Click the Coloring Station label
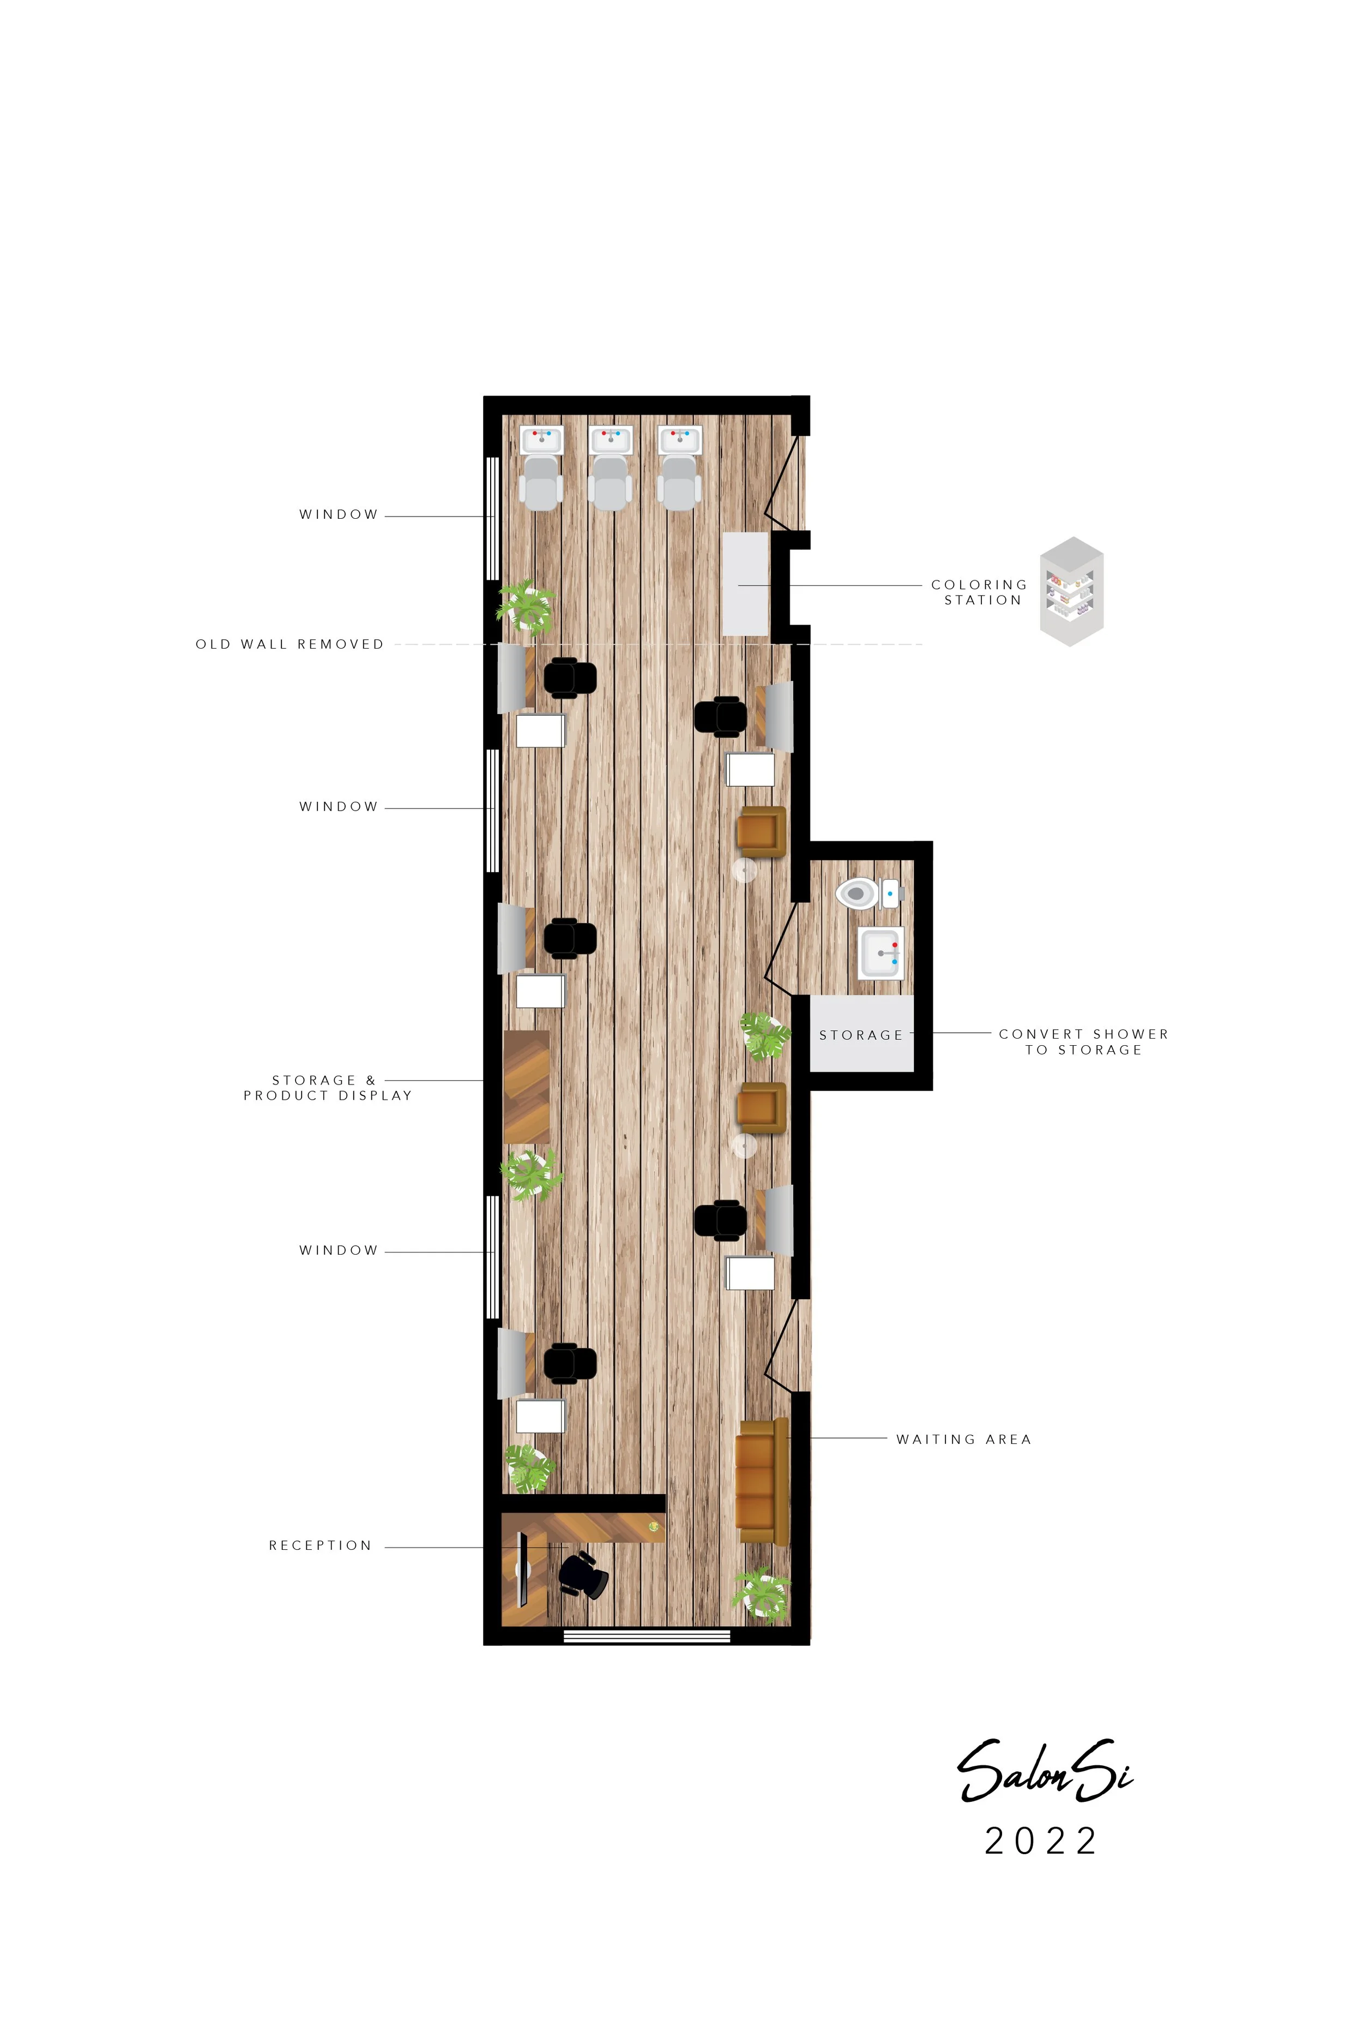tap(980, 592)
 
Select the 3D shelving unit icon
tap(1072, 591)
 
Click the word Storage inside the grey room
tap(860, 1035)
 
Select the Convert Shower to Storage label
tap(1083, 1042)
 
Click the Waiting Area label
tap(964, 1439)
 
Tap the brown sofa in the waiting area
tap(762, 1482)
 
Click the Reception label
tap(320, 1545)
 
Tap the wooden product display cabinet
tap(527, 1087)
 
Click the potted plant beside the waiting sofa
tap(762, 1594)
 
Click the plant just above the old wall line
tap(526, 605)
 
